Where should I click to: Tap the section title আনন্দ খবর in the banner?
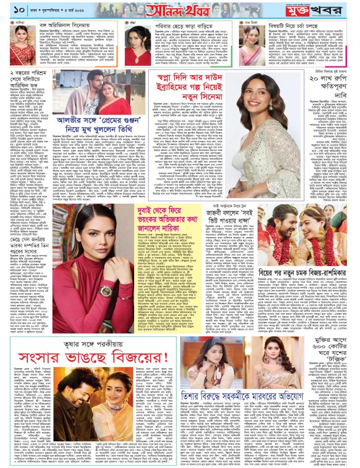[x=179, y=10]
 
